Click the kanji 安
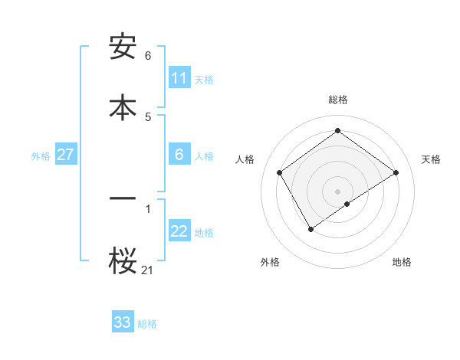(x=123, y=48)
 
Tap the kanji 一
(x=123, y=198)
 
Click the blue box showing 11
(x=179, y=78)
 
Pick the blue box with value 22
(x=179, y=232)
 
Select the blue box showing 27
(x=65, y=155)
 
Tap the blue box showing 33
(x=123, y=322)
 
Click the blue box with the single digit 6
(x=179, y=155)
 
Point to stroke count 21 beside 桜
(x=148, y=269)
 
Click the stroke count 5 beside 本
(x=148, y=116)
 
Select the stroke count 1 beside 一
(x=148, y=208)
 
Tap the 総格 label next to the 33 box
(x=148, y=324)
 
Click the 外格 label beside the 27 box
(x=41, y=155)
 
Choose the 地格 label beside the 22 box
(x=205, y=233)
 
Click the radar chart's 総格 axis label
(x=338, y=100)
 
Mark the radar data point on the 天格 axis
(x=396, y=173)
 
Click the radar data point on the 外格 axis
(x=311, y=228)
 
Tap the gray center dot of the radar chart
(x=338, y=191)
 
